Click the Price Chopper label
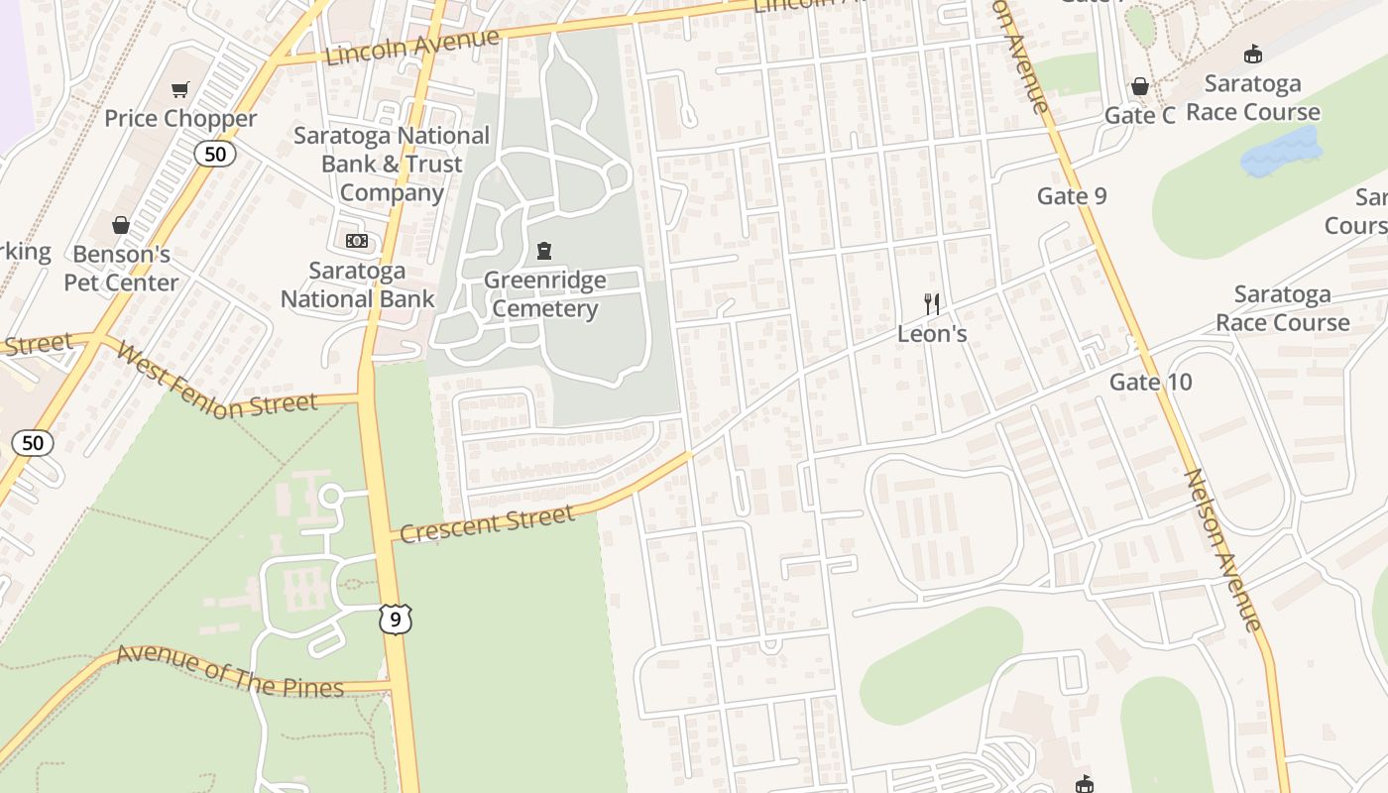(x=180, y=119)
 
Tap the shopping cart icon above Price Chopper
(x=179, y=90)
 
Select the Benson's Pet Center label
(x=121, y=269)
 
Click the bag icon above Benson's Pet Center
(x=121, y=225)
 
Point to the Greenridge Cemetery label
(x=544, y=294)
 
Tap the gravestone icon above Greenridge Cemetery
(x=544, y=251)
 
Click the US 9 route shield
(x=395, y=620)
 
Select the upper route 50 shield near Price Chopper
(x=214, y=154)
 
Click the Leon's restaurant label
(x=931, y=334)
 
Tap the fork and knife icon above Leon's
(x=931, y=304)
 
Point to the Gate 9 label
(x=1072, y=196)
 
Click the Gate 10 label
(x=1150, y=383)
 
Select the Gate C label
(x=1140, y=116)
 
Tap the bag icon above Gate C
(x=1140, y=87)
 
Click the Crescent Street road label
(x=488, y=523)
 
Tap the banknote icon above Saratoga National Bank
(x=357, y=241)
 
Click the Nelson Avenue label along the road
(x=1223, y=550)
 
